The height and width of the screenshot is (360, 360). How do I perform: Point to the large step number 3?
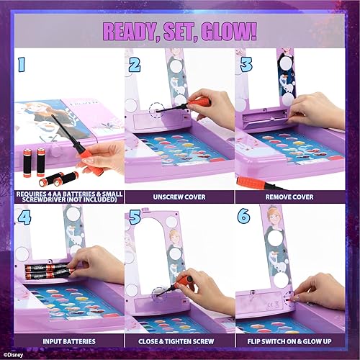coord(246,66)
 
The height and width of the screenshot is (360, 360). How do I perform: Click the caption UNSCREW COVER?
coord(179,196)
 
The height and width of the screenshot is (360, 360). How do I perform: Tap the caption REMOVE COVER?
coord(292,196)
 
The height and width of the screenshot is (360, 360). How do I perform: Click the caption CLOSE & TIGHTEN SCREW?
coord(179,338)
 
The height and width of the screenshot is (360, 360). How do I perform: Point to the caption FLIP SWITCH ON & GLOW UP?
coord(292,338)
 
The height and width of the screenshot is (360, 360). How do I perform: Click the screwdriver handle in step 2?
coord(199,102)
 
